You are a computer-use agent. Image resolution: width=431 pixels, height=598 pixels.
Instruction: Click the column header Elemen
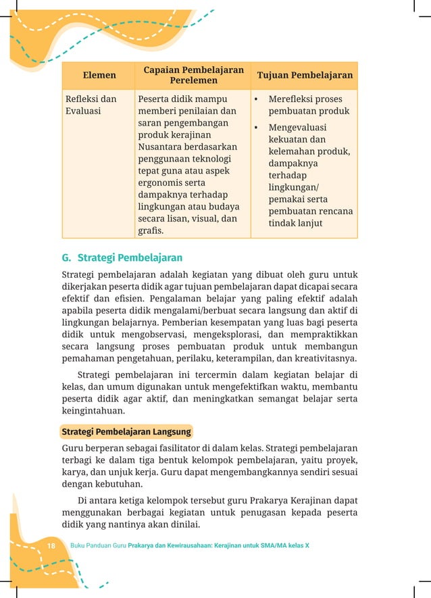(99, 76)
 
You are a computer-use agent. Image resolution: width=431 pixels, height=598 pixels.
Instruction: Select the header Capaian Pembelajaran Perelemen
(193, 76)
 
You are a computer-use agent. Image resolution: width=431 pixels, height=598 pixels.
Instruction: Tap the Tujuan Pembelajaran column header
(305, 76)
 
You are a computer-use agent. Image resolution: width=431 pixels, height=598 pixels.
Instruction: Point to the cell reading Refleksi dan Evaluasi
(91, 105)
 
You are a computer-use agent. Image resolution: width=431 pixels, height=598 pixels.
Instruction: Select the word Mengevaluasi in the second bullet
(297, 127)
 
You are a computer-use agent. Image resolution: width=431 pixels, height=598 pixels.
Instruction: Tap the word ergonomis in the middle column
(162, 182)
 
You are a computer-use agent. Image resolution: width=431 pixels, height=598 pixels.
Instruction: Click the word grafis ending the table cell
(151, 230)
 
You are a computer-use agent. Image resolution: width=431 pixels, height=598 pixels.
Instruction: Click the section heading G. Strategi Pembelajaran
(122, 258)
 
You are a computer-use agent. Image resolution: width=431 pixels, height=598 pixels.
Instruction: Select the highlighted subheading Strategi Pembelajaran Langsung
(126, 431)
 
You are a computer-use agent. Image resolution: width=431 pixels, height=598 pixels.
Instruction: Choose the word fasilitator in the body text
(176, 448)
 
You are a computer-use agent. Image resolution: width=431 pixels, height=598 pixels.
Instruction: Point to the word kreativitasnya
(322, 358)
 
